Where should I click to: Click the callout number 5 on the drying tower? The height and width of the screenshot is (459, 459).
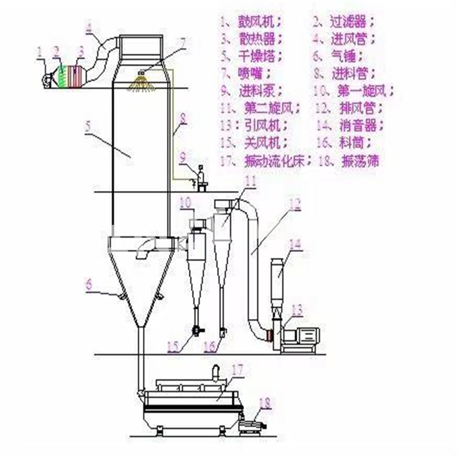click(x=88, y=126)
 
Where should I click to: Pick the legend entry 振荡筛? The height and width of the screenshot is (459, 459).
click(x=359, y=160)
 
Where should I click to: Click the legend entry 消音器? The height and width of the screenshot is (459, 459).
click(x=357, y=125)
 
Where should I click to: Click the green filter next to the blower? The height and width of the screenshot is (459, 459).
click(x=61, y=76)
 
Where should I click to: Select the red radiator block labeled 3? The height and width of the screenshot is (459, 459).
click(x=76, y=76)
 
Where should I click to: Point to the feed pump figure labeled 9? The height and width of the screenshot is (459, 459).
click(x=201, y=177)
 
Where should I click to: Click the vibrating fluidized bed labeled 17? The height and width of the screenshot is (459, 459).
click(x=192, y=395)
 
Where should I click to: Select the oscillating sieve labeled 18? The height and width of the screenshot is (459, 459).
click(x=250, y=425)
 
